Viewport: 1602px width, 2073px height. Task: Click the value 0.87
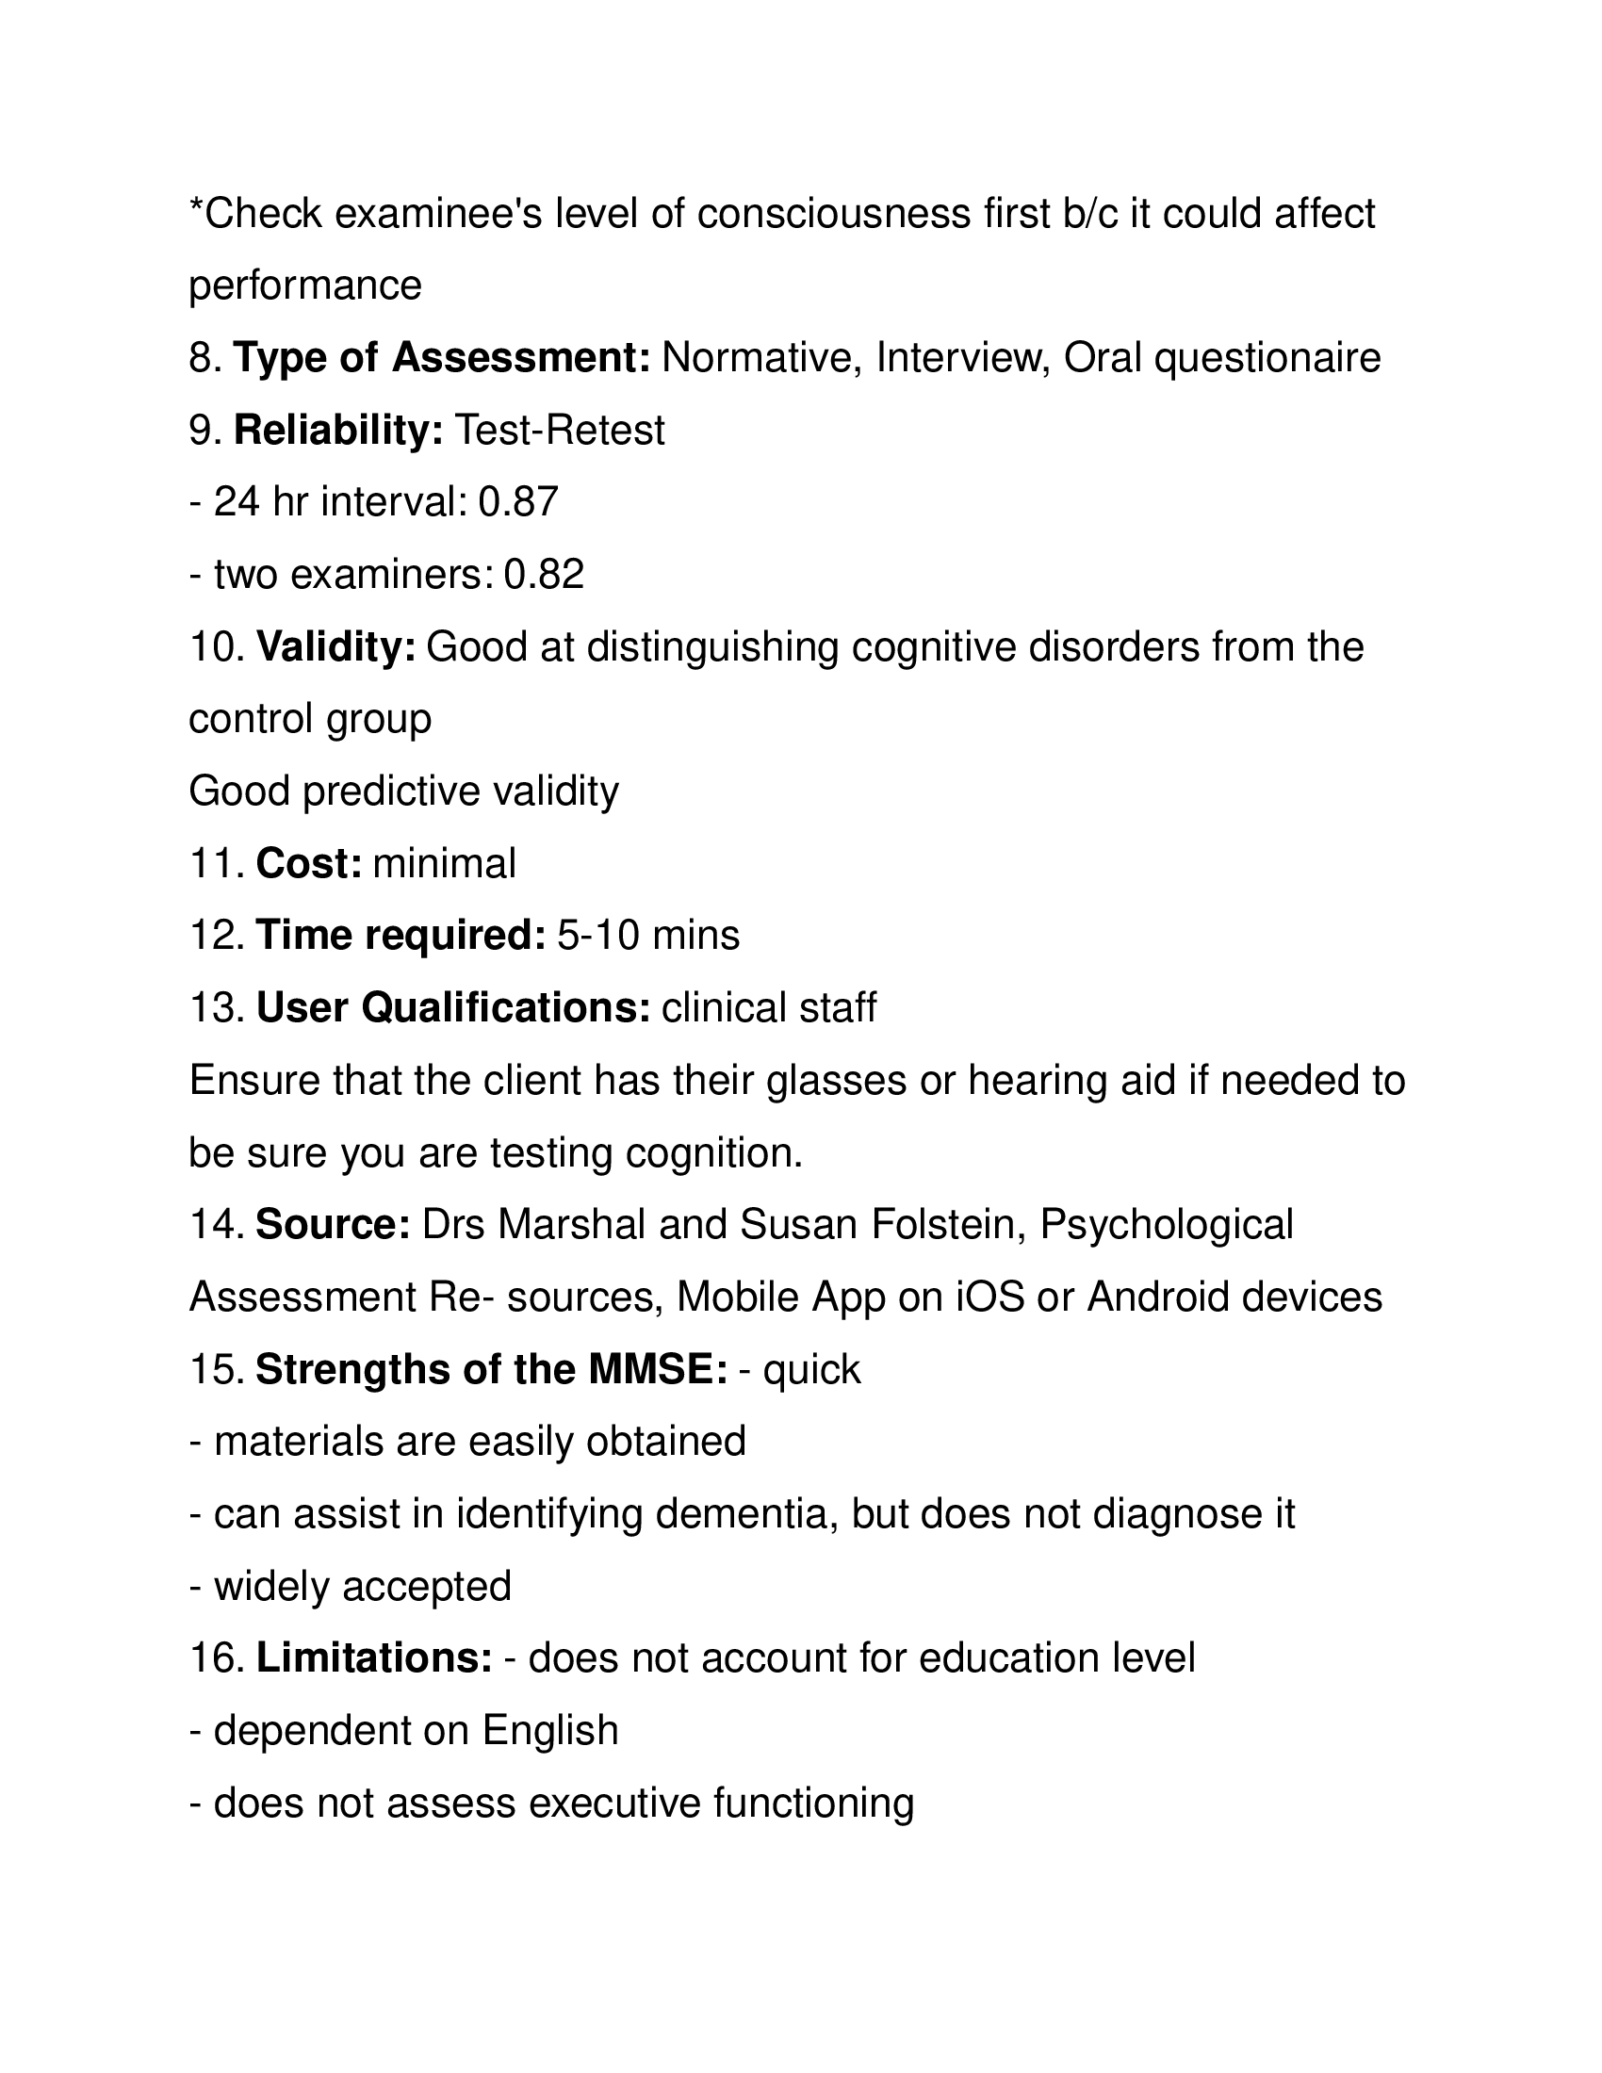point(518,502)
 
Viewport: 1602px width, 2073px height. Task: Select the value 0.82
point(544,575)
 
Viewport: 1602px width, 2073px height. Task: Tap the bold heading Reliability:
point(339,430)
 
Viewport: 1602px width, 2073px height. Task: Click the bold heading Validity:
point(336,647)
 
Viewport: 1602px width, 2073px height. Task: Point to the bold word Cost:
point(309,864)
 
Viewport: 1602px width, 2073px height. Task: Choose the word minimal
point(444,864)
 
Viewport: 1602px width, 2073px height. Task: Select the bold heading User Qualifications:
point(452,1008)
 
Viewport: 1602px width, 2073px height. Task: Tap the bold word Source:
point(333,1225)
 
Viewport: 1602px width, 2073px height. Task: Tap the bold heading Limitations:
point(374,1659)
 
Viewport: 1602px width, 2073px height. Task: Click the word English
point(550,1731)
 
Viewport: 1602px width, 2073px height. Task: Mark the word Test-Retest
point(560,430)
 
